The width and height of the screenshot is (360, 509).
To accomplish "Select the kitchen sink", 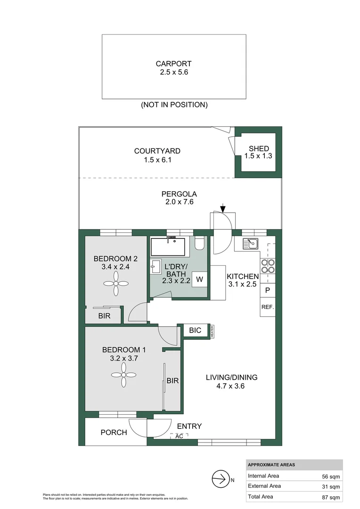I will [x=250, y=244].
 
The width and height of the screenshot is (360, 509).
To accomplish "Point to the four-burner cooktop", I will [x=268, y=267].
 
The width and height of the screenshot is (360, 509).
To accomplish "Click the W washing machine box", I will [x=199, y=279].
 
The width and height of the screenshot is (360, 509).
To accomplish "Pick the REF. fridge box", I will [x=267, y=307].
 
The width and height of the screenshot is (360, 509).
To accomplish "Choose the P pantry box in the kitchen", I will [x=267, y=291].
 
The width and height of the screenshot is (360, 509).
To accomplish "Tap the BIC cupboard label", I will [x=195, y=330].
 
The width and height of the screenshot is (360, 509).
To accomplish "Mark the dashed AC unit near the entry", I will [x=179, y=436].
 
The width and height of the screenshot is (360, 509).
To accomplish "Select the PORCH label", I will [x=114, y=432].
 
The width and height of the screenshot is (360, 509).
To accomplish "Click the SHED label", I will [x=259, y=148].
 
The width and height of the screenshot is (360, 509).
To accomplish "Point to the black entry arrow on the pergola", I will [x=223, y=207].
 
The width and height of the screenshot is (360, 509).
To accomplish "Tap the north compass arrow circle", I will [x=219, y=480].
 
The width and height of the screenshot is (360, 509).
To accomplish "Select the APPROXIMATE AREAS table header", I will [x=271, y=465].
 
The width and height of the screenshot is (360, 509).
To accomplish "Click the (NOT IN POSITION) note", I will [x=174, y=105].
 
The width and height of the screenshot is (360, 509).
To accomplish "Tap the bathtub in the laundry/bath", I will [x=168, y=246].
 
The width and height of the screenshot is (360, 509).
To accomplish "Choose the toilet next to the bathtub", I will [x=199, y=243].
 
